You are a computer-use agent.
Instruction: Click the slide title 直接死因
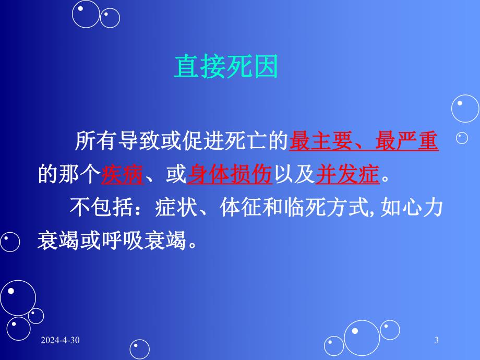[226, 68]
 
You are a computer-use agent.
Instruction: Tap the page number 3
[436, 341]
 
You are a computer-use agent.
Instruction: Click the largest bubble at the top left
[86, 13]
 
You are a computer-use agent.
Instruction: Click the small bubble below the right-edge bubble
[462, 138]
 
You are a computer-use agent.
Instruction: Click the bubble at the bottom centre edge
[140, 349]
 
